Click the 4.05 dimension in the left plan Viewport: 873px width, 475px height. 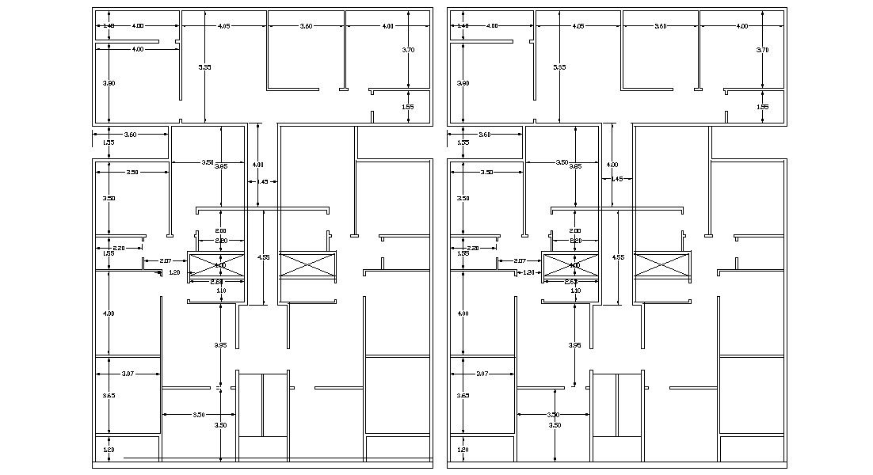(223, 26)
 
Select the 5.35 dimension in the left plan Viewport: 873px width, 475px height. (204, 67)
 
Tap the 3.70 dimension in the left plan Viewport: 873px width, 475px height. (408, 50)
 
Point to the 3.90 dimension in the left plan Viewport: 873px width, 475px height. (109, 83)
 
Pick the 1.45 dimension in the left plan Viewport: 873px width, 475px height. (262, 181)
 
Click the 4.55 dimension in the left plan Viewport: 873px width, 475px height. (263, 256)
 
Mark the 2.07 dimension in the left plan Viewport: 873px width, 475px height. (166, 260)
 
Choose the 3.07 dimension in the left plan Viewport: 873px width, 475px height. (128, 373)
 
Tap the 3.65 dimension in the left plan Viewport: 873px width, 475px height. (109, 395)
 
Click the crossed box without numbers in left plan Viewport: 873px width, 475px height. (307, 264)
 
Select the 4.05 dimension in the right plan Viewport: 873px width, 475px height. (578, 26)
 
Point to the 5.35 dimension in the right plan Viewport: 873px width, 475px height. (559, 67)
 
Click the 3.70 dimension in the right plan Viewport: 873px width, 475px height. (763, 50)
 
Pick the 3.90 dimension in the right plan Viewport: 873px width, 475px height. (463, 83)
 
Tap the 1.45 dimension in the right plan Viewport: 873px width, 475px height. (617, 179)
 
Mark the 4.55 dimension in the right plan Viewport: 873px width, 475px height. (618, 256)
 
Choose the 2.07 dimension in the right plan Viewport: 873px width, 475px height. (520, 260)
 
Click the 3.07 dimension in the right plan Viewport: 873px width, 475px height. (482, 373)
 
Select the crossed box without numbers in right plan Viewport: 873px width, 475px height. (662, 264)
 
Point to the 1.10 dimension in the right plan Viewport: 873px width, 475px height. (576, 291)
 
